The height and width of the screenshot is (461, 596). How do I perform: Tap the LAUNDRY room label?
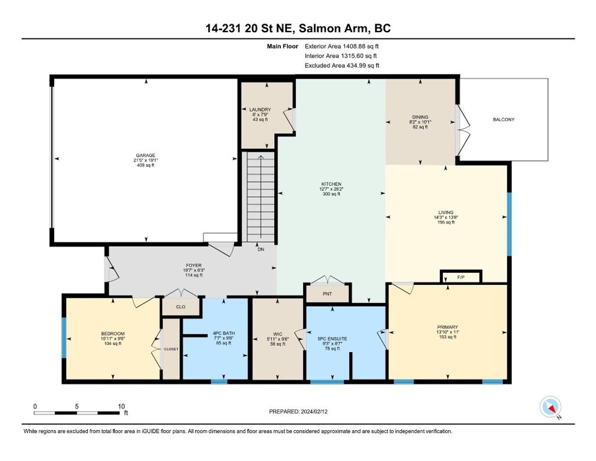click(x=260, y=109)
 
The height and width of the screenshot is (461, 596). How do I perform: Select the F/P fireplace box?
click(x=461, y=277)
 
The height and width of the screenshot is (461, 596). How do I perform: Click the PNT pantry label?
click(x=327, y=294)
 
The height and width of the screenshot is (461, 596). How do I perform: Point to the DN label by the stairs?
click(x=261, y=249)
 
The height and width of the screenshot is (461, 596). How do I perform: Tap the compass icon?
click(x=550, y=407)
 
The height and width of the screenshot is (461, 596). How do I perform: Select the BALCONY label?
click(x=503, y=119)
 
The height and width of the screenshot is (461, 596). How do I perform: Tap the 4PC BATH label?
click(x=223, y=333)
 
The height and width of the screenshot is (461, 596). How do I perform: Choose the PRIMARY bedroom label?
click(x=448, y=327)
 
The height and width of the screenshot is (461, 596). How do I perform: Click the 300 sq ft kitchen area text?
click(x=331, y=194)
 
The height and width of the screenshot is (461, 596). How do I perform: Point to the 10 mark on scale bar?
click(x=122, y=406)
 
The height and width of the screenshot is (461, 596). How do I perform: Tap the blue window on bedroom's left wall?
click(x=65, y=338)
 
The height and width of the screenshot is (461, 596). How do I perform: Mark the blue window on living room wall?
click(x=509, y=224)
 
